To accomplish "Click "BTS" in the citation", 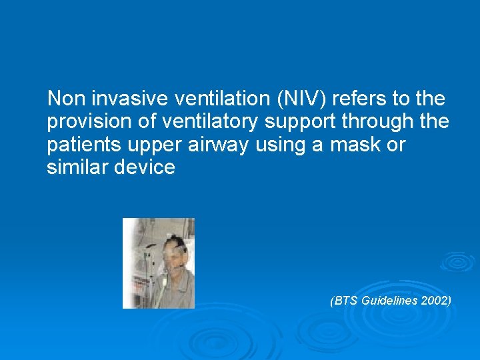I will coord(346,301).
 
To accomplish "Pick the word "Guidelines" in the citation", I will coord(391,301).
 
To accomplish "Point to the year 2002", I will coord(436,301).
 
